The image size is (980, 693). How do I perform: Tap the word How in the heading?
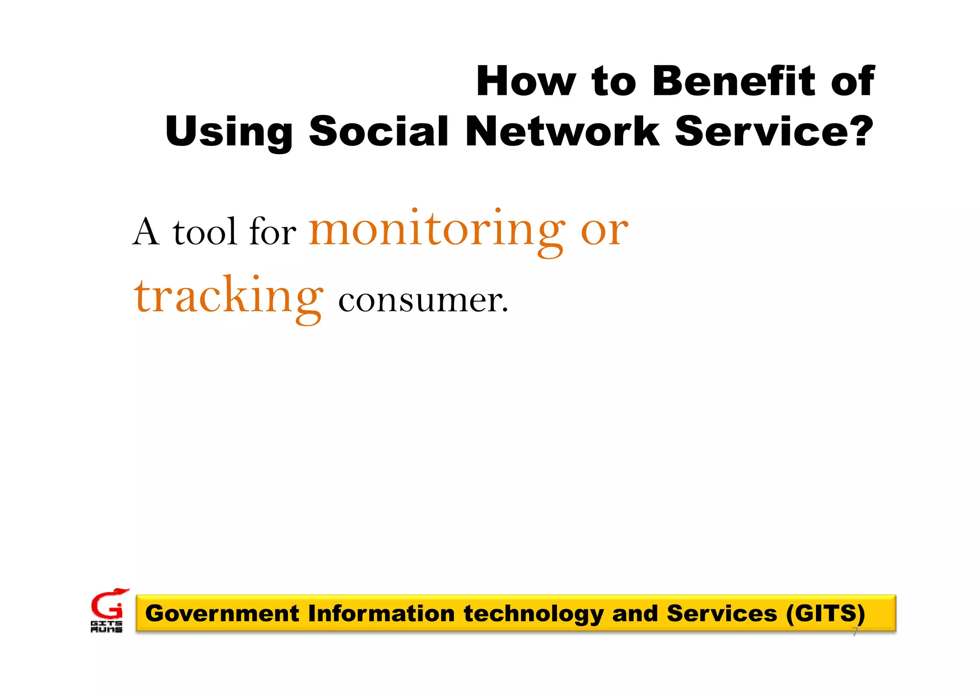click(526, 81)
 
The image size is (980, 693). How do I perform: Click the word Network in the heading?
click(562, 131)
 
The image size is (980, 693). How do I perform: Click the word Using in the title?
click(229, 132)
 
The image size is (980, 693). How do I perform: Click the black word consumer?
click(423, 301)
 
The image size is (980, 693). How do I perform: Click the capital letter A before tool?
click(145, 232)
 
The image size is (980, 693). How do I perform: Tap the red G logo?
click(108, 605)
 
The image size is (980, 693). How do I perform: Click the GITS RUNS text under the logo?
click(106, 627)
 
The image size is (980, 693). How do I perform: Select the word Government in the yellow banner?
click(222, 614)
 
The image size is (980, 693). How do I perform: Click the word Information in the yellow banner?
click(381, 614)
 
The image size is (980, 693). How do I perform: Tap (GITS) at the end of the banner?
click(826, 614)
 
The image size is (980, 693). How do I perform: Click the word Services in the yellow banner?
click(722, 614)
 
